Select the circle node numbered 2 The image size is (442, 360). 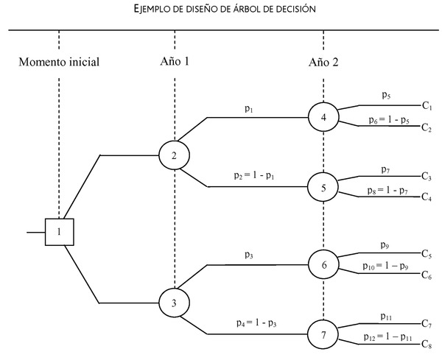pos(175,155)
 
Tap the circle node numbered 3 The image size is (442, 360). pos(175,303)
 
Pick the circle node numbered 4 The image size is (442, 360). pos(323,117)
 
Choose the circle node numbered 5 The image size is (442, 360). pos(323,188)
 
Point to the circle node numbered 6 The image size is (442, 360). pos(323,264)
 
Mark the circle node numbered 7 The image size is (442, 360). pos(323,335)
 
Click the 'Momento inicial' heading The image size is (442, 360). pos(59,62)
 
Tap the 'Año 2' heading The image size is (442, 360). pos(323,62)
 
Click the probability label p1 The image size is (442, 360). pos(250,109)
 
